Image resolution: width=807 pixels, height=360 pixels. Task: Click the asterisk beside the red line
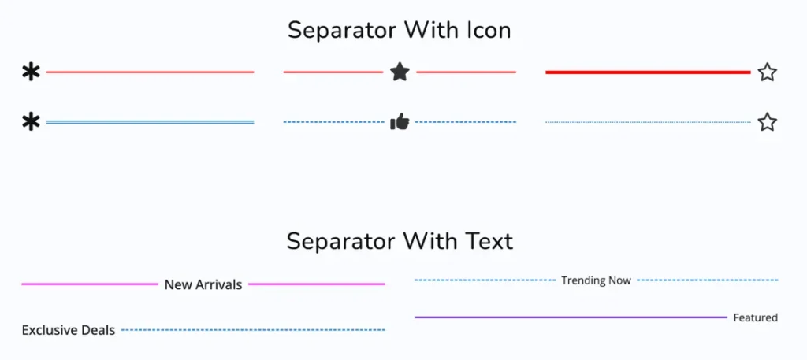(31, 72)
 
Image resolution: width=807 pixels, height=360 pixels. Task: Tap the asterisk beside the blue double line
(31, 122)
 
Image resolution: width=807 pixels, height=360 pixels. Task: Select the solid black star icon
(400, 72)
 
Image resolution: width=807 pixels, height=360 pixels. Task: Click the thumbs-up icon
(400, 122)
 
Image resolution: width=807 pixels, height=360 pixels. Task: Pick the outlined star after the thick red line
(767, 72)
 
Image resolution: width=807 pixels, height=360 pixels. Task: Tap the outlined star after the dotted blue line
(767, 122)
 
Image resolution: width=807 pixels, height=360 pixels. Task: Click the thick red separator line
(648, 72)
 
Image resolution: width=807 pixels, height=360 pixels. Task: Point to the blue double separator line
(151, 122)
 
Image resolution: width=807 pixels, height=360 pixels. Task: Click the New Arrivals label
(203, 284)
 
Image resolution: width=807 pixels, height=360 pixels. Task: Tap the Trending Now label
(596, 280)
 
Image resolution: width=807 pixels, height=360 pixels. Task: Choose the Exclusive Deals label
(69, 329)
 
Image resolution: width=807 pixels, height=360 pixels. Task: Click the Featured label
(756, 317)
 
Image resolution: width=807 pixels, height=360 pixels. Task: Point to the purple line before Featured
(571, 317)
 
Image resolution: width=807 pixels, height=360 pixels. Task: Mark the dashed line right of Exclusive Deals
(253, 329)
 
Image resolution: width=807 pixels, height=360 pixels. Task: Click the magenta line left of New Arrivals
(90, 284)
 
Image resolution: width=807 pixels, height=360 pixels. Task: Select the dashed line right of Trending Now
(708, 280)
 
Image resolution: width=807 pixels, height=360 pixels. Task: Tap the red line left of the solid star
(333, 72)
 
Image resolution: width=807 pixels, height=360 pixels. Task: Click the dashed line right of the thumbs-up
(466, 122)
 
